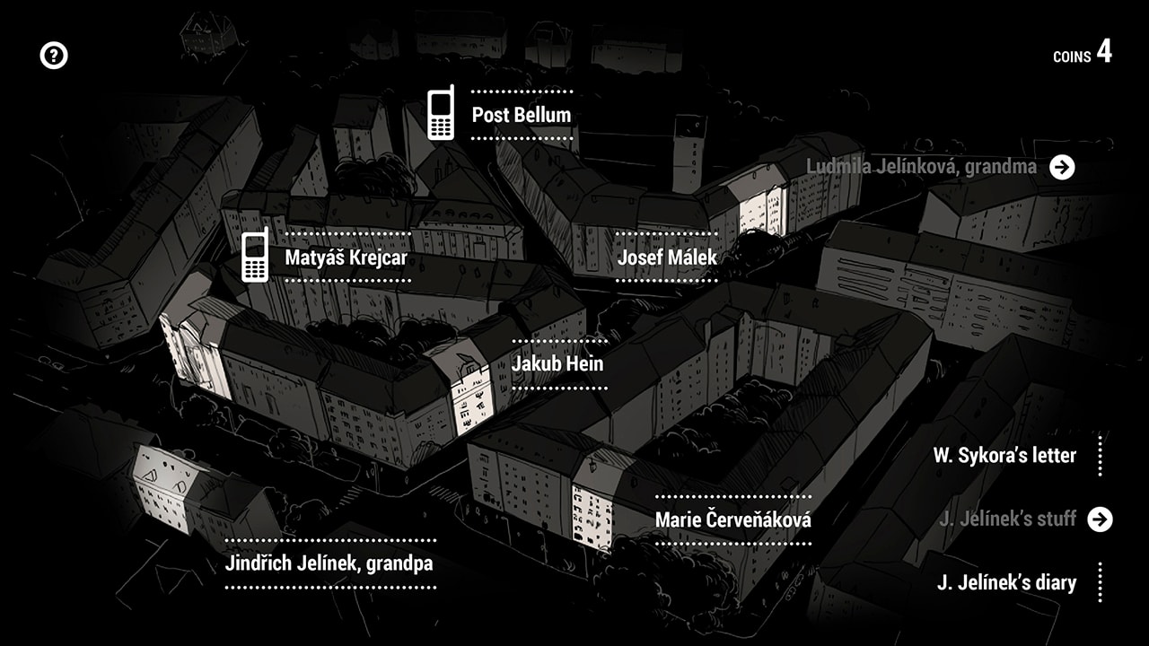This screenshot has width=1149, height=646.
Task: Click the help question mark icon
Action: (x=54, y=56)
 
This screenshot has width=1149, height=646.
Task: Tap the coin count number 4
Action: (x=1104, y=52)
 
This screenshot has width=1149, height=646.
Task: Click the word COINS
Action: (x=1072, y=57)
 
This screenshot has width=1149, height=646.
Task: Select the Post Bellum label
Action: (x=522, y=115)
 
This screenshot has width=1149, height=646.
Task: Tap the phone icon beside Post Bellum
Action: (x=440, y=114)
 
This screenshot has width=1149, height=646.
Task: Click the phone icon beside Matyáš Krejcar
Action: (x=255, y=256)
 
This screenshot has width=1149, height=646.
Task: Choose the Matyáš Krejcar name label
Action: (x=346, y=258)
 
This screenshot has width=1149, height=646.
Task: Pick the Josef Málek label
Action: (x=667, y=258)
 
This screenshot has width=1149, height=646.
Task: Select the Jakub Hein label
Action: (x=557, y=364)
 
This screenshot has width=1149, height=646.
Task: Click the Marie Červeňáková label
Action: (x=733, y=519)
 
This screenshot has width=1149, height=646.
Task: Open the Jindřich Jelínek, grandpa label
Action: (x=329, y=563)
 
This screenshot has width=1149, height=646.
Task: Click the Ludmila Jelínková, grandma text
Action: (x=921, y=167)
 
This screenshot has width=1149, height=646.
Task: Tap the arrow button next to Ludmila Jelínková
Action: (x=1062, y=167)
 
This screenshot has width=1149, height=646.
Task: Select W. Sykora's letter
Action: (x=1004, y=455)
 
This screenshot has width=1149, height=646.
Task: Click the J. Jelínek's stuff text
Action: (x=1007, y=519)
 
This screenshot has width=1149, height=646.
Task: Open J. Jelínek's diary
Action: (x=1006, y=582)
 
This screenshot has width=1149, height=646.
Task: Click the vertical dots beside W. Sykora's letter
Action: (x=1100, y=456)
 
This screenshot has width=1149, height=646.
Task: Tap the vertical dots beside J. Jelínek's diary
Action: (x=1100, y=582)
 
